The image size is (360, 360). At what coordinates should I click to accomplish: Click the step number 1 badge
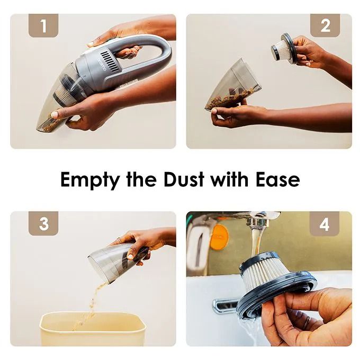(43, 25)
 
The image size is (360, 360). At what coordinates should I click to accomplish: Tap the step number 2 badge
(325, 25)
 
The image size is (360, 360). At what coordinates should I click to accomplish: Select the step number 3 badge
(43, 223)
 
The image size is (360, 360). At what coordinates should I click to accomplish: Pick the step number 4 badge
(324, 224)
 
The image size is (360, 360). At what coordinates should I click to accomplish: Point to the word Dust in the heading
(184, 179)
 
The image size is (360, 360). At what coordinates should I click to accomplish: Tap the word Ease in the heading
(278, 179)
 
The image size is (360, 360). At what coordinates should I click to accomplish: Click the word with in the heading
(230, 179)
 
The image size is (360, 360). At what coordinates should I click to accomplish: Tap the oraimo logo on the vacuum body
(102, 65)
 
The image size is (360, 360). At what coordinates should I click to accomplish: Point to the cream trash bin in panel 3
(93, 329)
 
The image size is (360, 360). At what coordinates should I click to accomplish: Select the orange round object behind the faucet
(219, 237)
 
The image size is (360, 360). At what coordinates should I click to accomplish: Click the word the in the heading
(142, 179)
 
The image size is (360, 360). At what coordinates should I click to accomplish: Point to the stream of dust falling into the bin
(92, 305)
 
